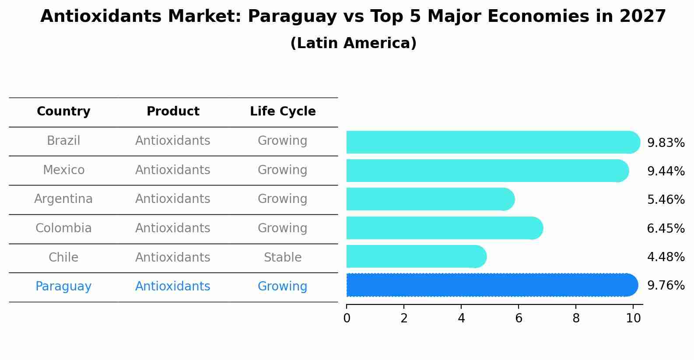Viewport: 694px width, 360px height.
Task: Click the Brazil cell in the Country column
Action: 63,141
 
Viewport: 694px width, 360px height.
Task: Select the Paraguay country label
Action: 63,287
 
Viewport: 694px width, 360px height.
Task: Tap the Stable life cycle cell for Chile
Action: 283,258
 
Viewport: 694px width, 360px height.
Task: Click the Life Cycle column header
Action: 283,112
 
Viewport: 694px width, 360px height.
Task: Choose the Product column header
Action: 173,112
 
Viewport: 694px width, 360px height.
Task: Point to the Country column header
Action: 63,112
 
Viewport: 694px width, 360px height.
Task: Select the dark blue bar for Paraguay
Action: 490,285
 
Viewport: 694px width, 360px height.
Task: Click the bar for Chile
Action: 416,256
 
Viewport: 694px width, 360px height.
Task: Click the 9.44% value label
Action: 666,171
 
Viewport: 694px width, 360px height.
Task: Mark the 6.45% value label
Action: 666,228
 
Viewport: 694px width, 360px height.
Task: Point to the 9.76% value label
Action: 666,286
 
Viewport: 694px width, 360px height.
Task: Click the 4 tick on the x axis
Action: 461,318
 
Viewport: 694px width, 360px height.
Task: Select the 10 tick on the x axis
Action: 633,318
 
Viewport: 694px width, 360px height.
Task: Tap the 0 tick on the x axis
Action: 347,318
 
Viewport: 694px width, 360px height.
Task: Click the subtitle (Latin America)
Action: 353,43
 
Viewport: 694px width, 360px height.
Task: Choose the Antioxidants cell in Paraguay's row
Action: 173,287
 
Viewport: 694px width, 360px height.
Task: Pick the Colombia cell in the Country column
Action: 63,228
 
